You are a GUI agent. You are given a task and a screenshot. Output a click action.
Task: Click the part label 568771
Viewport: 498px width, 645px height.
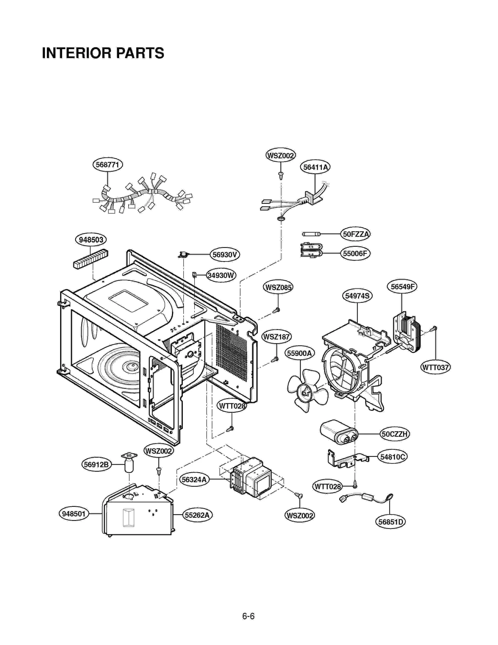click(x=107, y=165)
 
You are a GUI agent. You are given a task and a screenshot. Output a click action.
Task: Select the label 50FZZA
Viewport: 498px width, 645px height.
click(x=355, y=234)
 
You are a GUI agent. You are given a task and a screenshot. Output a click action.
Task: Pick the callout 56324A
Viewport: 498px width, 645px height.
click(x=194, y=479)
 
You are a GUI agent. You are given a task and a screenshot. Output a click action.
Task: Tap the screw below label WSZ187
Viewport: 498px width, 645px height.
click(x=275, y=360)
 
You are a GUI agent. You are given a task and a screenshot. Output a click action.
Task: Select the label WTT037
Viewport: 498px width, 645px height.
click(x=435, y=367)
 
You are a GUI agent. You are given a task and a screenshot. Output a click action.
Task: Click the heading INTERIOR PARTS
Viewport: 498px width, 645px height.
click(x=103, y=53)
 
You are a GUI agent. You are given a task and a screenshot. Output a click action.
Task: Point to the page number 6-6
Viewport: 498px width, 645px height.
click(x=248, y=616)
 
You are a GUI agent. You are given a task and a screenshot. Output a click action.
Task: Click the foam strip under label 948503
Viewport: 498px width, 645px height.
click(x=91, y=259)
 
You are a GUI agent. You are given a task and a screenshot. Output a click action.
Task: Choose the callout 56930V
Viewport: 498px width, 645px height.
click(x=225, y=255)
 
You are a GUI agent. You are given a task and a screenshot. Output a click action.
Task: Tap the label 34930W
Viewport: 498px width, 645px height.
click(x=221, y=275)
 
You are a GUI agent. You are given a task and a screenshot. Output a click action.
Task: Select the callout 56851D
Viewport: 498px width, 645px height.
click(x=390, y=522)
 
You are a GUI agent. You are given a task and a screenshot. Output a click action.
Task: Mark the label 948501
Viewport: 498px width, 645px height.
click(x=73, y=514)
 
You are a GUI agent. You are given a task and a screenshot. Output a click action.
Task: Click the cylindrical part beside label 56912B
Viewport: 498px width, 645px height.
click(x=129, y=466)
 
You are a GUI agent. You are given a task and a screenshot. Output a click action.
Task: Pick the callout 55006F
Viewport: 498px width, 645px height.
click(x=355, y=253)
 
